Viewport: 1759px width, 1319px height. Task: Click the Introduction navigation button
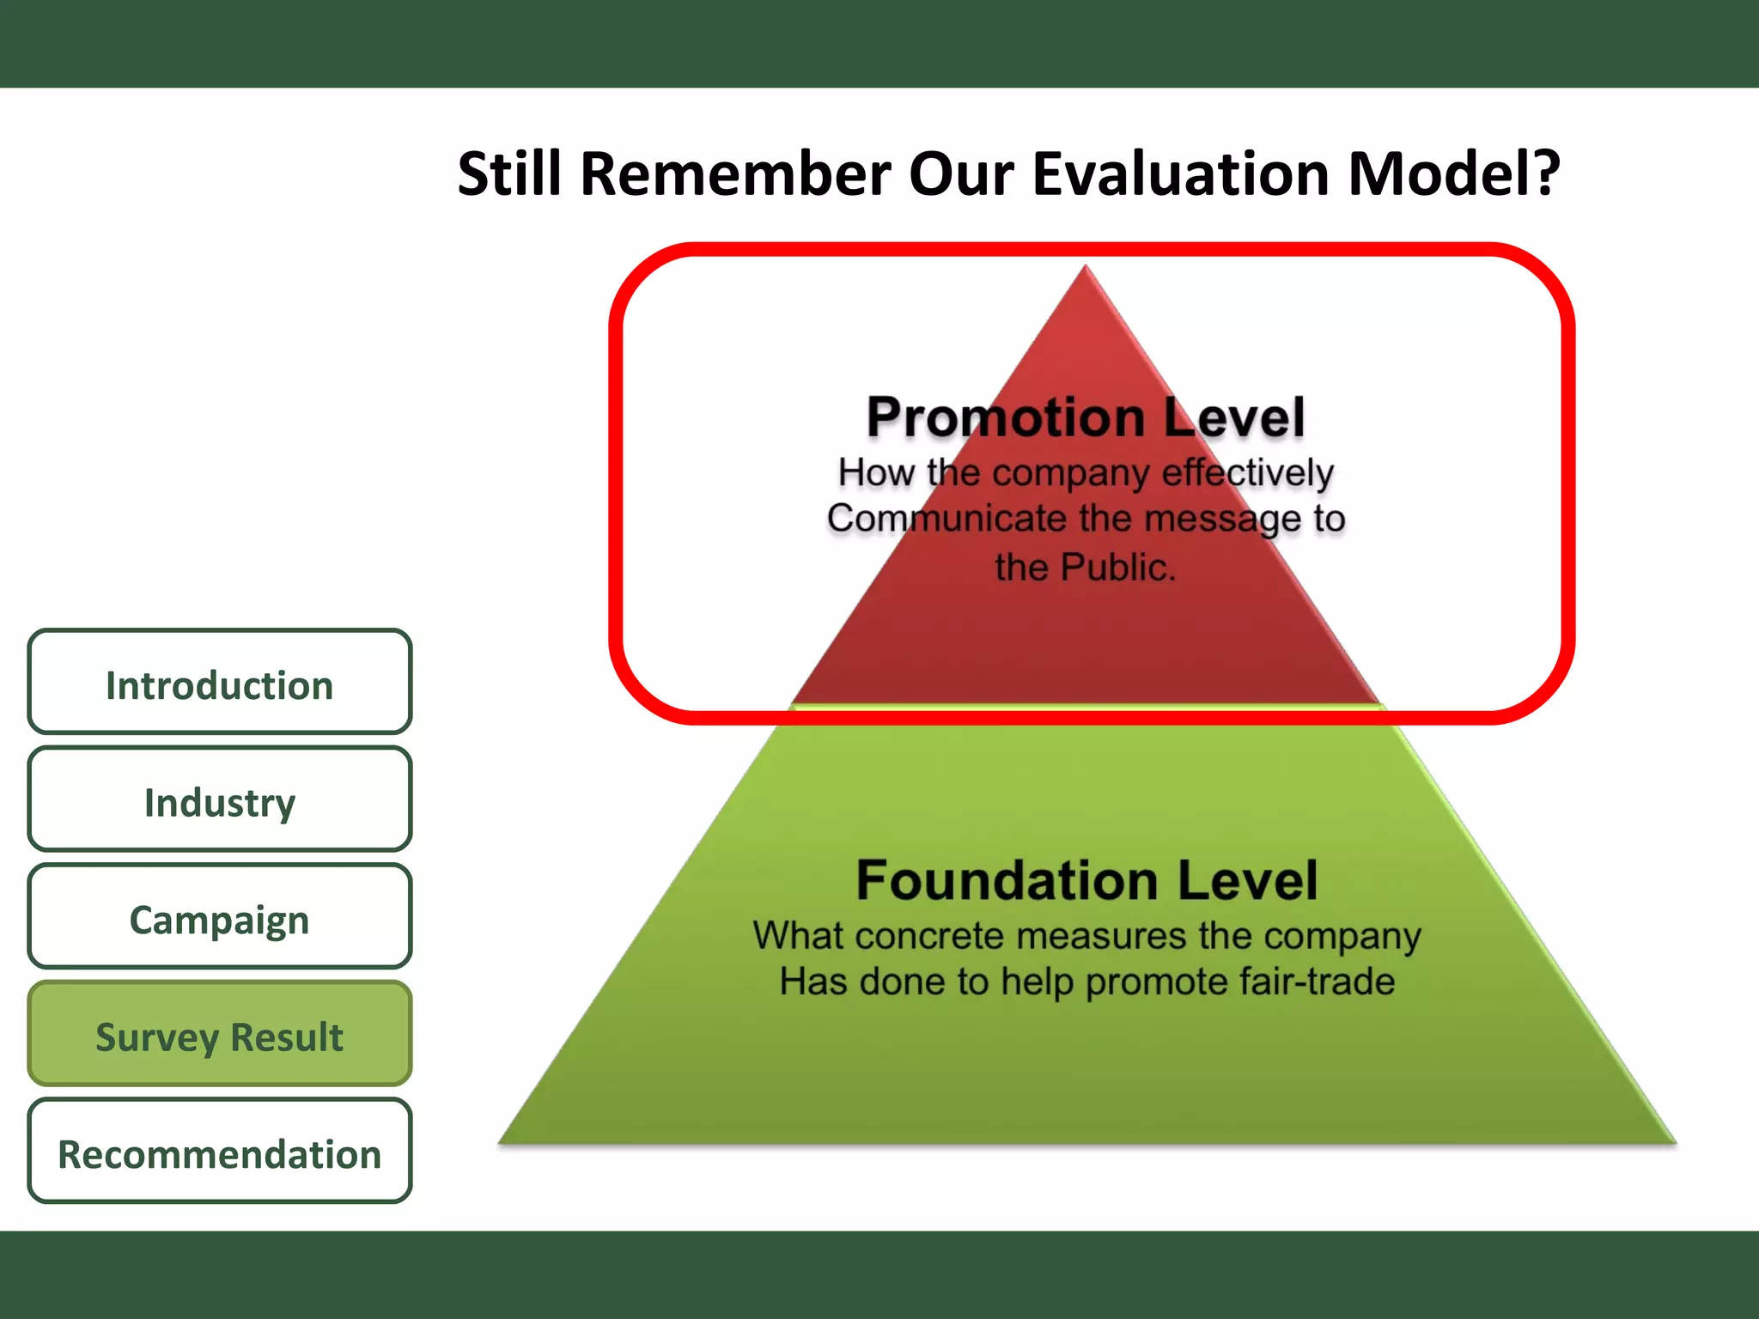(x=219, y=684)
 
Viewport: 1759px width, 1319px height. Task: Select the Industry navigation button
(x=219, y=801)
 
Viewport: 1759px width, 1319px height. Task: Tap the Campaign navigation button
(x=219, y=919)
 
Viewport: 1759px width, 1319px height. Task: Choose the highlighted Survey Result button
(x=219, y=1036)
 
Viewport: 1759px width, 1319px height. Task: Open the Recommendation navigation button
(x=219, y=1153)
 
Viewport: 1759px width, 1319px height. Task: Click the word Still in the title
(x=508, y=173)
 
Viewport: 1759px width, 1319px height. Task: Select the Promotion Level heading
(x=1085, y=417)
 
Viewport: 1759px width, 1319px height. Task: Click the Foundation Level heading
(x=1086, y=880)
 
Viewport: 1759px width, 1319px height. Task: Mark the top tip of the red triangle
(x=1086, y=267)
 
